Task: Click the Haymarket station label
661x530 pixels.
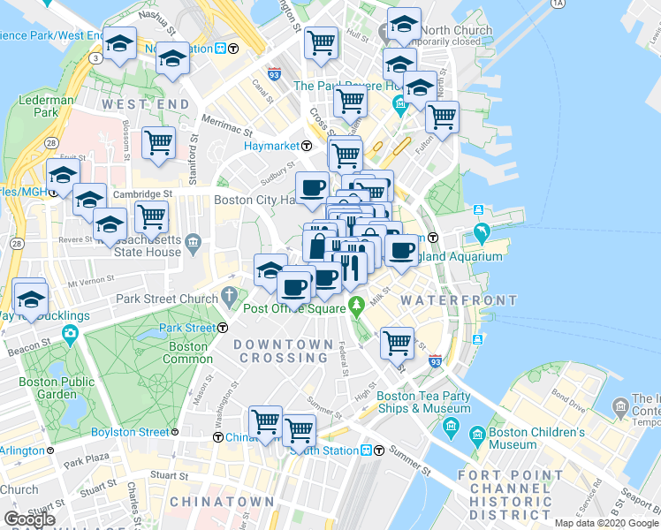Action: coord(273,145)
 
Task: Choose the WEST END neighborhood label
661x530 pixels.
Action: coord(146,104)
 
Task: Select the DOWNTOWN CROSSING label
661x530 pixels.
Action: coord(284,351)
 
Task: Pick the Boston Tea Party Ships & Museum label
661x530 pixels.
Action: coord(423,403)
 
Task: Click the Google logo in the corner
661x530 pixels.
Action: coord(29,519)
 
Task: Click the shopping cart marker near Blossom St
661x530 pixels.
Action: coord(159,141)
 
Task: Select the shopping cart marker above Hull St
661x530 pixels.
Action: coord(322,41)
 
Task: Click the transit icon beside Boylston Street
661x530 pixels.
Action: coord(175,433)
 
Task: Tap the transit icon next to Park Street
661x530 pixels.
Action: coord(222,328)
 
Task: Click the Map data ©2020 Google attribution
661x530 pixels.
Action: coord(606,523)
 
